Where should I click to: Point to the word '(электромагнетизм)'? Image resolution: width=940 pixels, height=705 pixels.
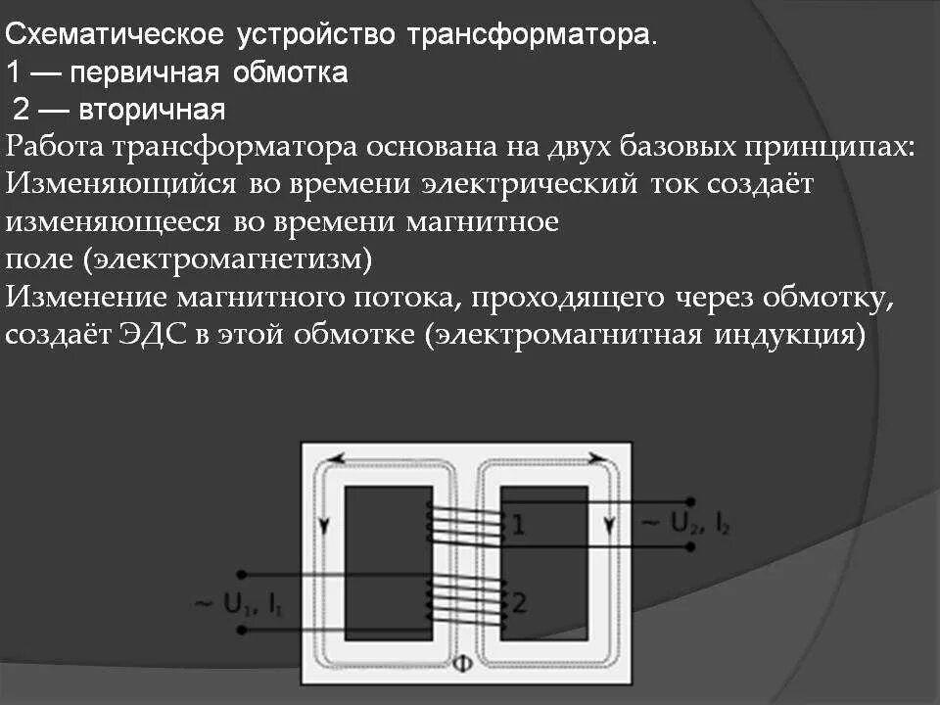pyautogui.click(x=228, y=258)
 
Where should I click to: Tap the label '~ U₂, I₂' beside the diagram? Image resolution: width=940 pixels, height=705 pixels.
pyautogui.click(x=684, y=524)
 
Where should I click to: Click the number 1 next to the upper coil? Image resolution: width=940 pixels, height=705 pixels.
pyautogui.click(x=518, y=526)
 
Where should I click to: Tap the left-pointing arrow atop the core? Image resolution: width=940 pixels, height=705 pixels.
pyautogui.click(x=339, y=456)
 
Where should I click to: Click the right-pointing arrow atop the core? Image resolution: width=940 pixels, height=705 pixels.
pyautogui.click(x=594, y=456)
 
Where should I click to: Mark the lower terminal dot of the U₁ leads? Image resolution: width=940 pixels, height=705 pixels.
pyautogui.click(x=243, y=632)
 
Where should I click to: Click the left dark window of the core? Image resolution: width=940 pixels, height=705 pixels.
pyautogui.click(x=388, y=563)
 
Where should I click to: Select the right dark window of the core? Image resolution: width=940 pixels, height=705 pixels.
pyautogui.click(x=543, y=563)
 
